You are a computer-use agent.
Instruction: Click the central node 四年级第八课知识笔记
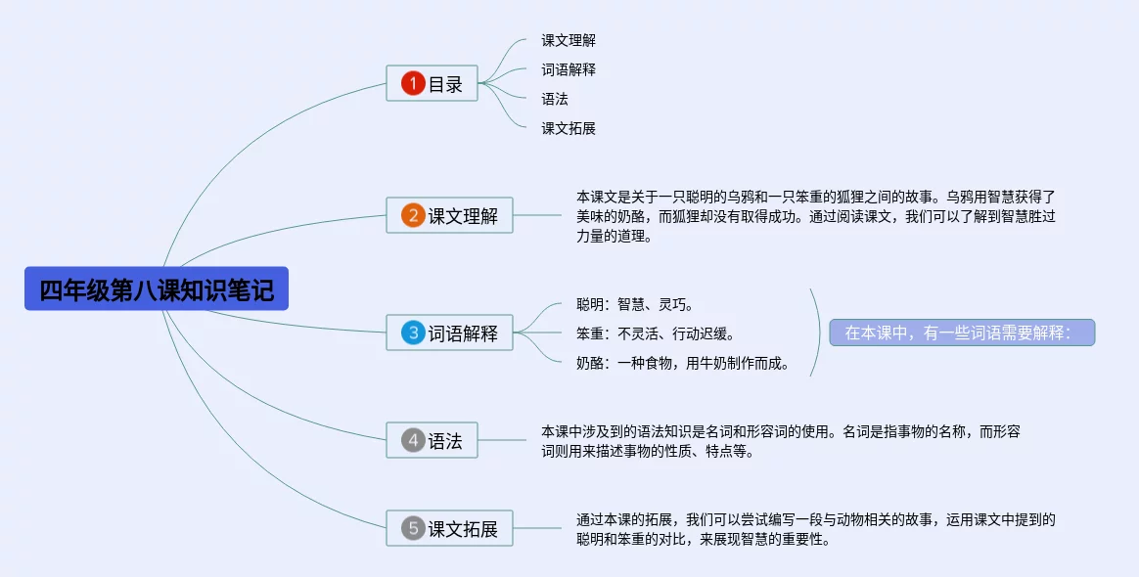click(x=157, y=288)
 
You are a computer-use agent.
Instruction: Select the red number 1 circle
click(x=413, y=83)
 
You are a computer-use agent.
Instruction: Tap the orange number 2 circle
click(x=413, y=215)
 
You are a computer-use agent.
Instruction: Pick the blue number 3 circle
click(x=413, y=333)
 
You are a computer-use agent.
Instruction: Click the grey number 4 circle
click(x=413, y=440)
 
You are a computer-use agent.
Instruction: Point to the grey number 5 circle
click(x=413, y=528)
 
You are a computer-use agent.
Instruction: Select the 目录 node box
click(x=432, y=83)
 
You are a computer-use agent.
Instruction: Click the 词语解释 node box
click(x=449, y=333)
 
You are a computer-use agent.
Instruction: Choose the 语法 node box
click(x=432, y=440)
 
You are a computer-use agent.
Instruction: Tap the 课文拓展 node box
click(x=449, y=528)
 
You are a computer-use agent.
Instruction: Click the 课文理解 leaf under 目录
click(x=569, y=41)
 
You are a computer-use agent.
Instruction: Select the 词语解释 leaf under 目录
click(x=569, y=69)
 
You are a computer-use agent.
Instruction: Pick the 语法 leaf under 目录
click(x=555, y=100)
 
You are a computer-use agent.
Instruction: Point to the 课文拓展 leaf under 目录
click(x=569, y=128)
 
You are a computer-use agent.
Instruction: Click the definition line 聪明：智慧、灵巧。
click(x=635, y=305)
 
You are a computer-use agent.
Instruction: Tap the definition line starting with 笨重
click(x=656, y=333)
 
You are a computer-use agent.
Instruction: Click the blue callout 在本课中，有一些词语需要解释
click(x=962, y=333)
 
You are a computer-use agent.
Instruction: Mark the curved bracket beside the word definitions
click(x=820, y=333)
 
